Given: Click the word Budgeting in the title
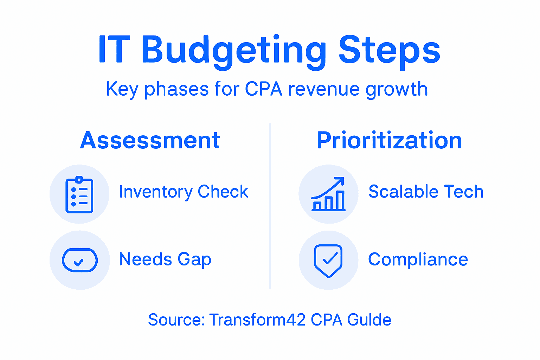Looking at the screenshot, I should coord(234,51).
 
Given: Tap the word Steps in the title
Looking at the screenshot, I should coord(389,51).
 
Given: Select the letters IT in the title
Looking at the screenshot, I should coord(114,50).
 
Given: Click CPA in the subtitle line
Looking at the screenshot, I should coord(263,89).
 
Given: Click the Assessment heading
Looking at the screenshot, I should coord(150,140).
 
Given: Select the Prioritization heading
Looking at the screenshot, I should coord(389,140).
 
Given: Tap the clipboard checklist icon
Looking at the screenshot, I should coord(79,195).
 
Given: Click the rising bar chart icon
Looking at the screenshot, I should coord(328,195).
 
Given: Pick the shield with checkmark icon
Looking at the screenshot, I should coord(328,261).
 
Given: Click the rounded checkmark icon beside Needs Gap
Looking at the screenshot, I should coord(80,261).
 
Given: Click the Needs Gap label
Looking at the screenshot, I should coord(165,260).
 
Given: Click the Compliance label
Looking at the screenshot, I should coord(418,260).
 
